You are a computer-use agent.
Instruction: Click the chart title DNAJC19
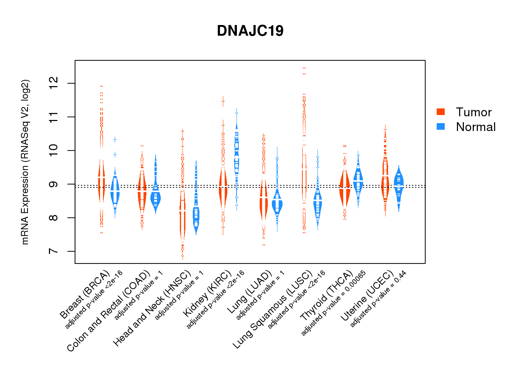(x=250, y=31)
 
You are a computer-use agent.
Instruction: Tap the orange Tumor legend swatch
(x=441, y=112)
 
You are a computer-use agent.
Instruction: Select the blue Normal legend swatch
(x=441, y=127)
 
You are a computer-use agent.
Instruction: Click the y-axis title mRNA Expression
(x=25, y=162)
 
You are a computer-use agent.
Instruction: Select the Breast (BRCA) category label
(x=85, y=294)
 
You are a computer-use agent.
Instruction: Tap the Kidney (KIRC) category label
(x=207, y=293)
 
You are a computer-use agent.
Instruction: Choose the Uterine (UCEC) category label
(x=367, y=296)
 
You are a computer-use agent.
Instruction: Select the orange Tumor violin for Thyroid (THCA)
(x=345, y=188)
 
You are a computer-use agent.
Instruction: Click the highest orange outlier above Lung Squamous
(x=304, y=68)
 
